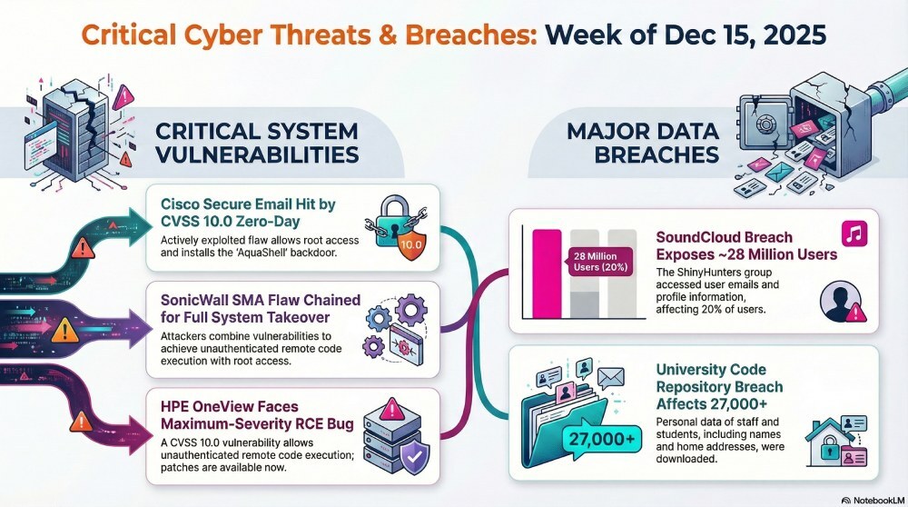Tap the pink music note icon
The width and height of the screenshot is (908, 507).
click(x=854, y=234)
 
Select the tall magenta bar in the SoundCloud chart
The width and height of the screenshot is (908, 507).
click(x=547, y=273)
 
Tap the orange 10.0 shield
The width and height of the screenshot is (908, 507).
click(x=411, y=244)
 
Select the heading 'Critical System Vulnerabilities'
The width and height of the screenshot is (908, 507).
click(x=257, y=143)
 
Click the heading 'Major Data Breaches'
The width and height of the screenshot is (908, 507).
click(x=643, y=143)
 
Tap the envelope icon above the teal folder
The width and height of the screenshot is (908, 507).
click(x=610, y=378)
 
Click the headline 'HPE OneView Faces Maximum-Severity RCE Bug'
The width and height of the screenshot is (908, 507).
click(x=257, y=415)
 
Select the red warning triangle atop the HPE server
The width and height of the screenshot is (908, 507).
click(x=392, y=409)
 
